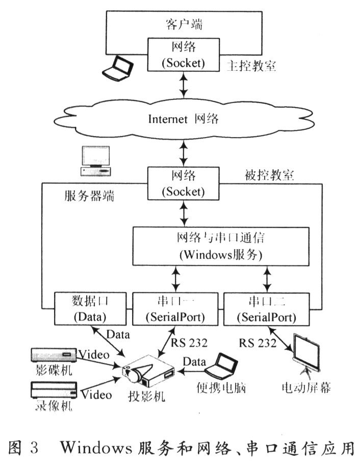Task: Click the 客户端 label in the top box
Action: point(184,24)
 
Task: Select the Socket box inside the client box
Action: point(184,55)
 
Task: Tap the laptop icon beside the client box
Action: point(118,68)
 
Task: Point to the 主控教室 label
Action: point(251,66)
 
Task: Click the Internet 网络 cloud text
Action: point(184,119)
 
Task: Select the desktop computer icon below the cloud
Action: point(96,161)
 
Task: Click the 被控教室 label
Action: point(269,175)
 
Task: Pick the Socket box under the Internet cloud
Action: point(184,183)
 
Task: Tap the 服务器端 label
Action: point(89,196)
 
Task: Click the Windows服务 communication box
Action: point(221,247)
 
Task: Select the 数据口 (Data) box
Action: point(90,308)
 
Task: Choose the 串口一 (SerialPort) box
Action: point(175,309)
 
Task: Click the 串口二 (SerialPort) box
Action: point(267,309)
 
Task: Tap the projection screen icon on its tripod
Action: point(306,357)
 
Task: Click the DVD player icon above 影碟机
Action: point(54,355)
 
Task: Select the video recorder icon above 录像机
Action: point(54,390)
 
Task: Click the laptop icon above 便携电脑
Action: point(221,366)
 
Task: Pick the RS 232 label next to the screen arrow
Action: point(258,343)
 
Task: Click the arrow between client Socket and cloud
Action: point(184,85)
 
